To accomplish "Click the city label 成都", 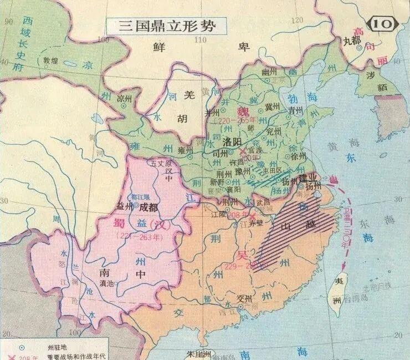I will point(148,207).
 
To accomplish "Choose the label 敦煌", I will point(50,60).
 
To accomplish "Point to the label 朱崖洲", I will point(198,353).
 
